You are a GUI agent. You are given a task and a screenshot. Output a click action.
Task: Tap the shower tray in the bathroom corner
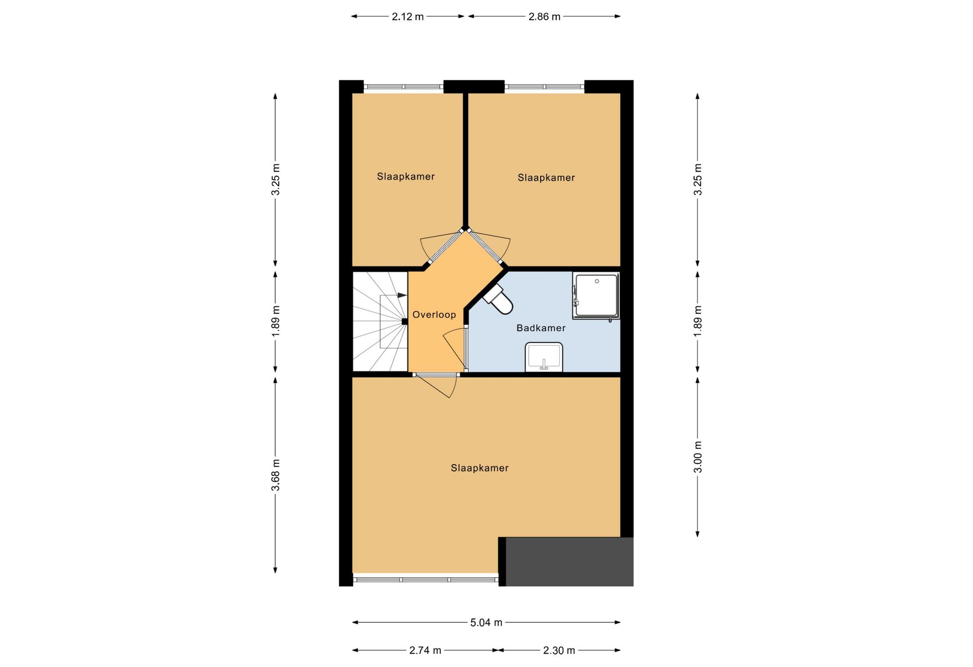pos(596,295)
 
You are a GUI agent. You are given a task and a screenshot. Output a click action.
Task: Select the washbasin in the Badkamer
pos(544,357)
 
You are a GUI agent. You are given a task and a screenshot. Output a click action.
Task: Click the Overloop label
pos(434,314)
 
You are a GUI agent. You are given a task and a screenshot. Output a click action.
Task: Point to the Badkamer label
pos(541,328)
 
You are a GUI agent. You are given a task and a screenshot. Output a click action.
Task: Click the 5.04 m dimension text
pos(486,622)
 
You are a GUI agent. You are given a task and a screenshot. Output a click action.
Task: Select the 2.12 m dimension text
pos(408,17)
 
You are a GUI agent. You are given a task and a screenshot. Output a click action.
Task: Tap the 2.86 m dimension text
pos(544,17)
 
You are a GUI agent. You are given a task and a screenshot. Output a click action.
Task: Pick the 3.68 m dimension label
pos(276,476)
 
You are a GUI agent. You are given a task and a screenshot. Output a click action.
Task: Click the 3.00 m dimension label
pos(697,457)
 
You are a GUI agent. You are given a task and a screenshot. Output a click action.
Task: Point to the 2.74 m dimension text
pos(425,650)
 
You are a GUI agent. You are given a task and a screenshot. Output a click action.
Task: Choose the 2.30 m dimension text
pos(559,650)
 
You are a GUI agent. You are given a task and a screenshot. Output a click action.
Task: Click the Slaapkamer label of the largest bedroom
pos(480,468)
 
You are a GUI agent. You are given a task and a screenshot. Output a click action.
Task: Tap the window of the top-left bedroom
pos(404,87)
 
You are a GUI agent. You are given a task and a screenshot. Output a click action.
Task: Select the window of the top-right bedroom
pos(544,87)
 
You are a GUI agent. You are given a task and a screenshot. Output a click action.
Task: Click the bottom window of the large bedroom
pos(426,580)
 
